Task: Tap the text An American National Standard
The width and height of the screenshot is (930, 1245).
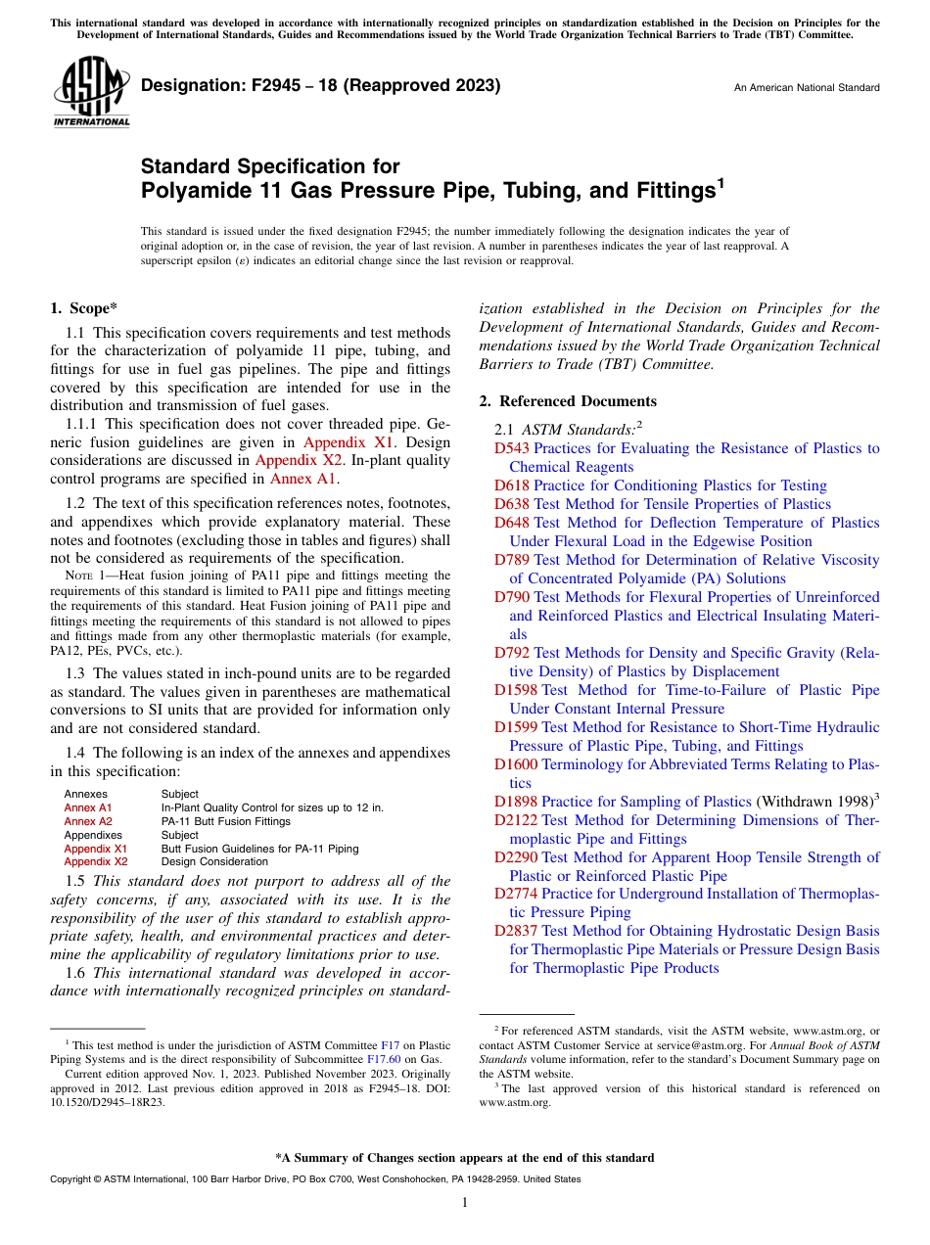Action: (x=807, y=88)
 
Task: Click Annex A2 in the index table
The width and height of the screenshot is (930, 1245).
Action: (x=88, y=821)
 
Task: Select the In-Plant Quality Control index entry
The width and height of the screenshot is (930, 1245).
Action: (x=271, y=807)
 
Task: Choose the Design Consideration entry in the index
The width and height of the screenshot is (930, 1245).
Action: (x=214, y=861)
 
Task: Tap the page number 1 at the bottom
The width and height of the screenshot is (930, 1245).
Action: (x=465, y=1203)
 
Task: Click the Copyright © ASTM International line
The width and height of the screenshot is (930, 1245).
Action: (x=314, y=1179)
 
